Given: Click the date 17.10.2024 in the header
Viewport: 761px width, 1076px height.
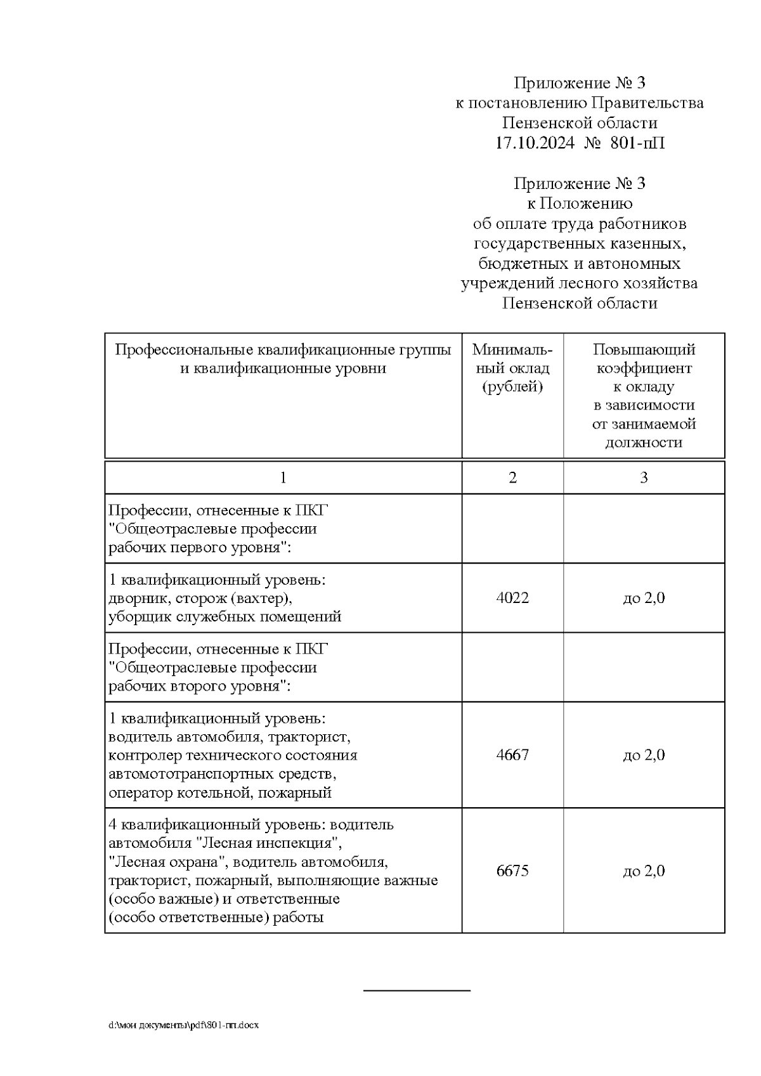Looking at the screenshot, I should click(x=535, y=143).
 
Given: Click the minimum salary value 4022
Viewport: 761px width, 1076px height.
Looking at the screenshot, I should click(x=512, y=598).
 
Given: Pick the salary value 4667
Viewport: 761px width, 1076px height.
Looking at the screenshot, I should click(x=512, y=755).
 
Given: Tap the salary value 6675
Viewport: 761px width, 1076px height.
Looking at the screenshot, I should click(x=512, y=871).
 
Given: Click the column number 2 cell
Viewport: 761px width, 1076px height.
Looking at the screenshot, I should click(x=512, y=477).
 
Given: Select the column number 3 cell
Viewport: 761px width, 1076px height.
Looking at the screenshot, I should click(x=644, y=477).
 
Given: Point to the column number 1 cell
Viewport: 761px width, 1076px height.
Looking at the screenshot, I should click(x=283, y=477).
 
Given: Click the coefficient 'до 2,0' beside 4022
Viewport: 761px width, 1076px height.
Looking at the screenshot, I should click(x=644, y=598).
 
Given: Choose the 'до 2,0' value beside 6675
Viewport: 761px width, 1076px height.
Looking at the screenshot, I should click(x=644, y=871).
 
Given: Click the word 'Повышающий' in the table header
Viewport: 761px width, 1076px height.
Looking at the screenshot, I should click(x=644, y=349).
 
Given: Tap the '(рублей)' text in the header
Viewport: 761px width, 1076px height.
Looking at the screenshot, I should click(x=512, y=387).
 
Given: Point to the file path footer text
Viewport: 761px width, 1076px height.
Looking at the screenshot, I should click(x=183, y=1025).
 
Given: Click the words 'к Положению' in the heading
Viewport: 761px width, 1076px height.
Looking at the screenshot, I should click(x=580, y=204).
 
